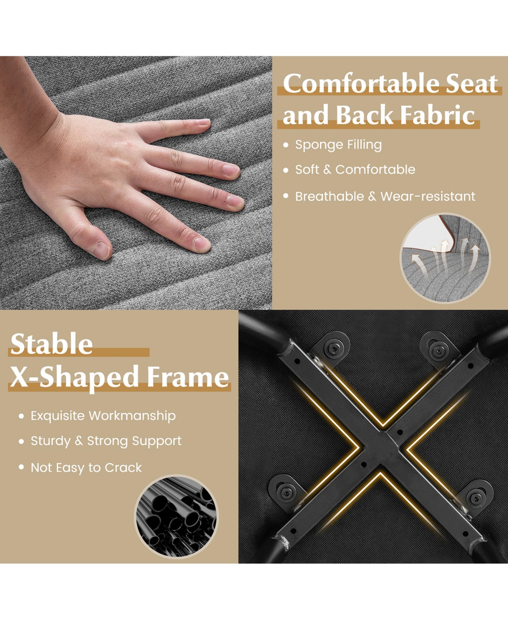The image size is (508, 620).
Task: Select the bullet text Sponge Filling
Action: click(338, 145)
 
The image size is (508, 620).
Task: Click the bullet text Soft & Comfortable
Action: click(355, 170)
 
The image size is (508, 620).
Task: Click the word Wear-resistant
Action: click(428, 196)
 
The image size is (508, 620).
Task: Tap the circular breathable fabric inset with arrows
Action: click(445, 258)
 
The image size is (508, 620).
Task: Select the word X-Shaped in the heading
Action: click(75, 377)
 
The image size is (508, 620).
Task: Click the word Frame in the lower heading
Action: click(188, 377)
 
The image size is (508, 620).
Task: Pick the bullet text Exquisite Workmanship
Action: click(103, 416)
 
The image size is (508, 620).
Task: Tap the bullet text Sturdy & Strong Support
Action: click(106, 441)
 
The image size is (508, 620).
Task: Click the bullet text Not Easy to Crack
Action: click(86, 467)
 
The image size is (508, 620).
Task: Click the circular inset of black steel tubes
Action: click(177, 516)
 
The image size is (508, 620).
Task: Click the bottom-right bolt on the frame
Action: click(477, 496)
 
